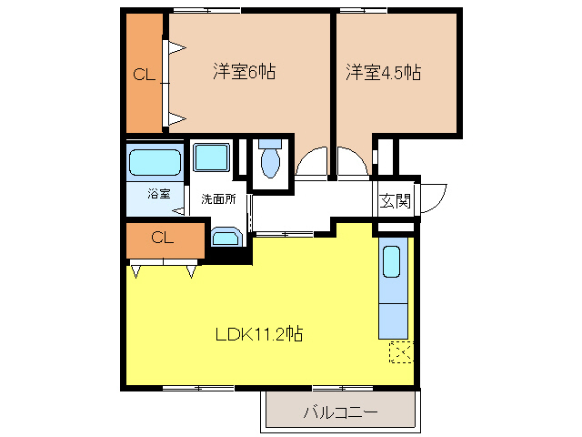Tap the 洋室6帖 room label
pyautogui.click(x=244, y=72)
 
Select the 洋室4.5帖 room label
pyautogui.click(x=382, y=72)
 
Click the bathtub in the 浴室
pyautogui.click(x=156, y=163)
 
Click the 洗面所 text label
pyautogui.click(x=218, y=198)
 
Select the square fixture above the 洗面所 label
pyautogui.click(x=213, y=158)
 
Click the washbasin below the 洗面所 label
pyautogui.click(x=224, y=238)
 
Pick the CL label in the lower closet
pyautogui.click(x=162, y=239)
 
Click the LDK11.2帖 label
pyautogui.click(x=259, y=334)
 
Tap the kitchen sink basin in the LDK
pyautogui.click(x=392, y=261)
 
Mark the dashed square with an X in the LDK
pyautogui.click(x=400, y=351)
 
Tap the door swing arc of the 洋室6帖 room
pyautogui.click(x=312, y=162)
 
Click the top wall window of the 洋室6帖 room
pyautogui.click(x=207, y=10)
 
